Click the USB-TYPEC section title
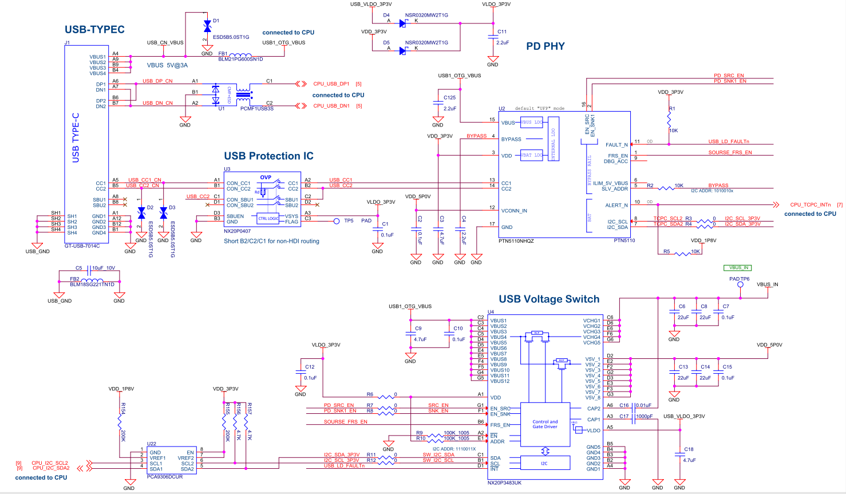[94, 30]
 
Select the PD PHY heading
[545, 46]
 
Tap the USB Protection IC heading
[268, 156]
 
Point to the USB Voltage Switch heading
[549, 299]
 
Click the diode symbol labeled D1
[207, 26]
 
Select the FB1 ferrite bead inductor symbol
[240, 55]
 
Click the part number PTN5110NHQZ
[516, 241]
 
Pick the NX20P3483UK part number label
[504, 483]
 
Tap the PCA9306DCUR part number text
[165, 476]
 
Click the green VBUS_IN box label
[737, 267]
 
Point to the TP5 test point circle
[337, 221]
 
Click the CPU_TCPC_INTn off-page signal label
[810, 204]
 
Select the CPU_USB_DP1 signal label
[331, 84]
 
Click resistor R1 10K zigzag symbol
[669, 120]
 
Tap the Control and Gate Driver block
[545, 424]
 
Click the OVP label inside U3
[266, 177]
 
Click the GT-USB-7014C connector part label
[82, 246]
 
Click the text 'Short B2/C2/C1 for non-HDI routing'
[271, 241]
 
